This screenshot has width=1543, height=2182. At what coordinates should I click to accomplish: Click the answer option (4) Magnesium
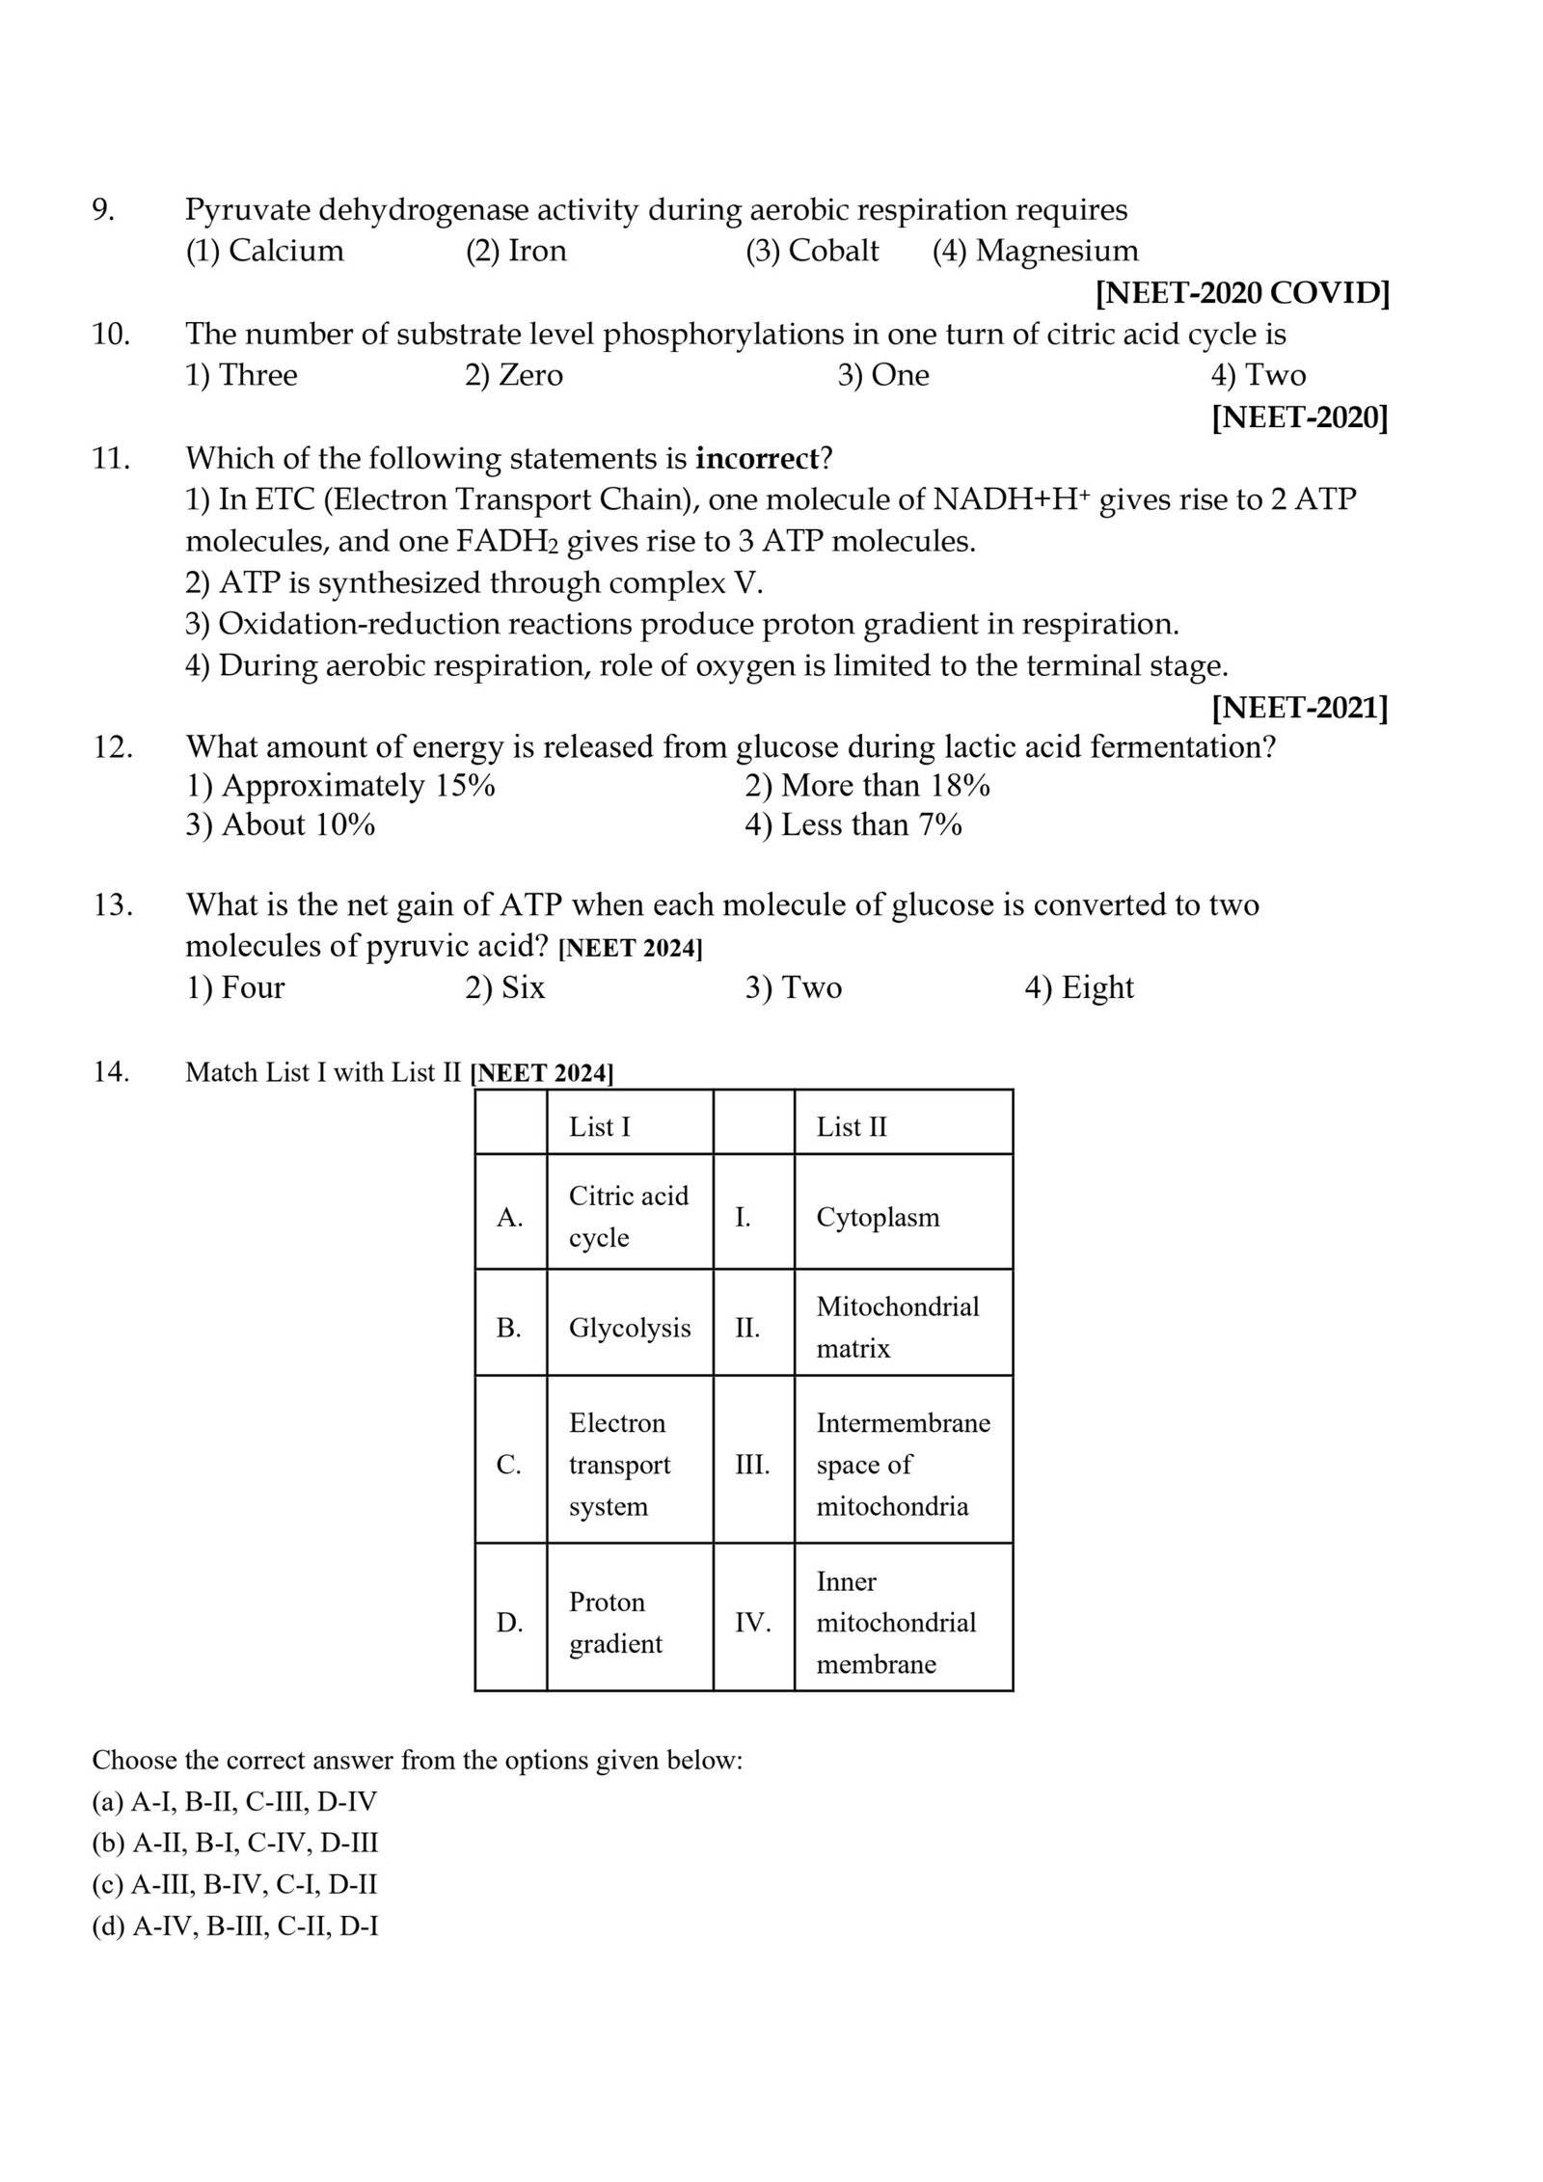point(1035,251)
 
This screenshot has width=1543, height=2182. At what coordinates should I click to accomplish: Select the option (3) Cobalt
point(812,251)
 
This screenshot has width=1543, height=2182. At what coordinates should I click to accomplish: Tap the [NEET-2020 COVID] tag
point(1242,292)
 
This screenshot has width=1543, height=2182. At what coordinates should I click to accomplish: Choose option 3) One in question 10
point(882,374)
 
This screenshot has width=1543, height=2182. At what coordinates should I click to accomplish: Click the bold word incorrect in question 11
point(756,458)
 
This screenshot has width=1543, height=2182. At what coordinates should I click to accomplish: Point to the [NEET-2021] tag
point(1299,709)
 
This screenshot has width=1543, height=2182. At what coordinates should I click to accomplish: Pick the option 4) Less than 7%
point(853,825)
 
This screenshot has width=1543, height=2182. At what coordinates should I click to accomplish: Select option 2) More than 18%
point(867,786)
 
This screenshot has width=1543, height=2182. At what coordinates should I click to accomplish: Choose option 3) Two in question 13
point(793,987)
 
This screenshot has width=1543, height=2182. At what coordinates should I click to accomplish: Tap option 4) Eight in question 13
point(1078,987)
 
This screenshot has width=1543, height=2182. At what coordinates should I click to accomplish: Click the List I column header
point(600,1126)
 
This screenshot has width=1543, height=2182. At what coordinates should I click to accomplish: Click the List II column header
point(852,1126)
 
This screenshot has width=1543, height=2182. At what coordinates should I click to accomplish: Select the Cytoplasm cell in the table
point(878,1217)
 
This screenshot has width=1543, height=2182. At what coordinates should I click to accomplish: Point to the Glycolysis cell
point(630,1328)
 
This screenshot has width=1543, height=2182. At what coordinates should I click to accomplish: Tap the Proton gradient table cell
point(615,1622)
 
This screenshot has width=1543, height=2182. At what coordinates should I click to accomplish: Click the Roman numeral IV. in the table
point(752,1623)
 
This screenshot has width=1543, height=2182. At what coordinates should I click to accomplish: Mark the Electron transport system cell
point(619,1465)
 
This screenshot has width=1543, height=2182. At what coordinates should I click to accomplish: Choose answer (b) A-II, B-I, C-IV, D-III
point(235,1843)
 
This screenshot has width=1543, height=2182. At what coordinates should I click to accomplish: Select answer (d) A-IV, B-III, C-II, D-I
point(235,1926)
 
